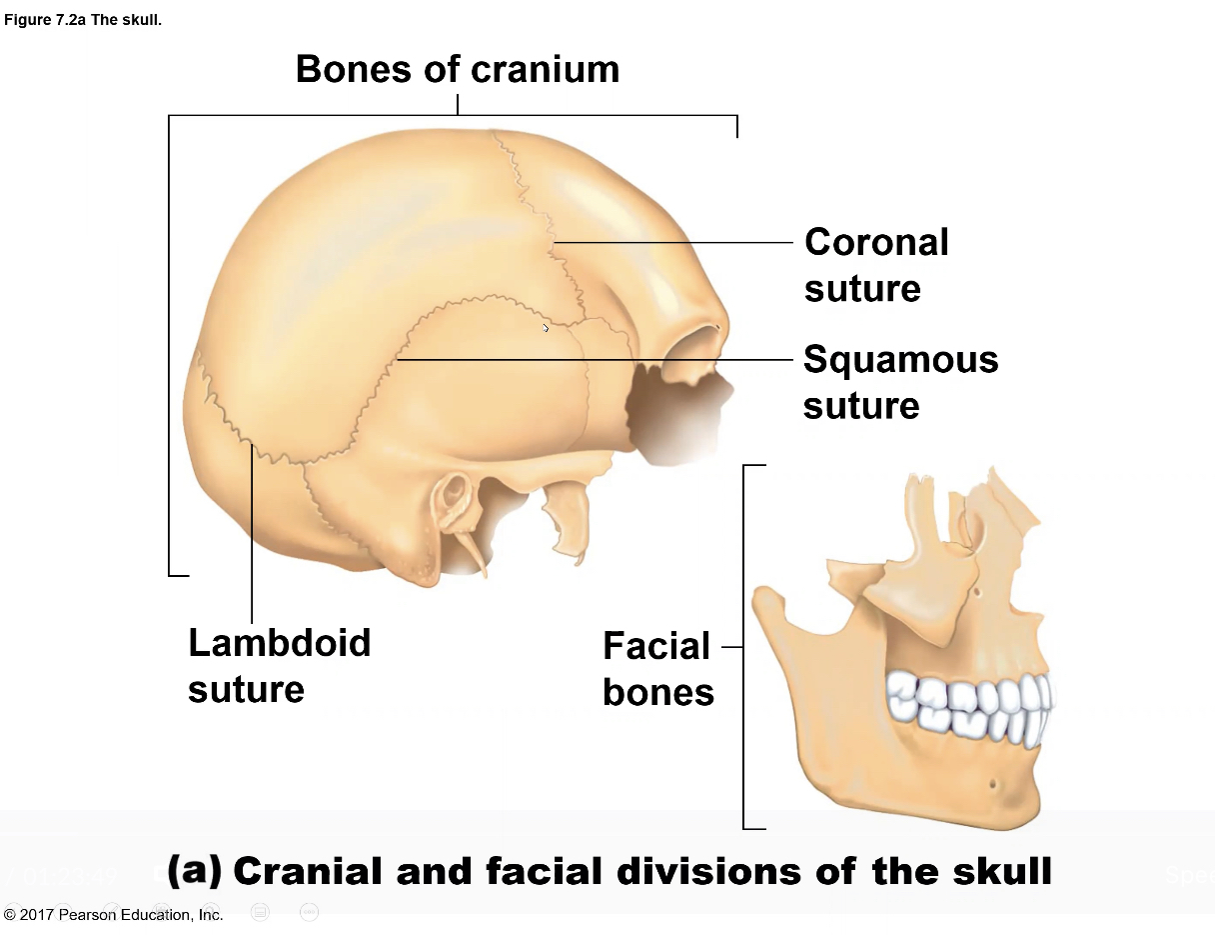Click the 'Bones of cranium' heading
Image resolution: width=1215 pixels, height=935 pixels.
pos(458,69)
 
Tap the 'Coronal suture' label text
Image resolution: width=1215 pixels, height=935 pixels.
pos(875,265)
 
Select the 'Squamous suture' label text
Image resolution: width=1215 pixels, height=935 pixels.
pos(899,382)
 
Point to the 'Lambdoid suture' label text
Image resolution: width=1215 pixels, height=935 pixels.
pos(279,665)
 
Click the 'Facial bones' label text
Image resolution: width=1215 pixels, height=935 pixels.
pos(658,669)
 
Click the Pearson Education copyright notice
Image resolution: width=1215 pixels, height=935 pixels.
pos(113,914)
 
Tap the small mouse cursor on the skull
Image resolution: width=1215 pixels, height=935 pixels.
pos(546,328)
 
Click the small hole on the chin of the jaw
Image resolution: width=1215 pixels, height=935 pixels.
pos(993,783)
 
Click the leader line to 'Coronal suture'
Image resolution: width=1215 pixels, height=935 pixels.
pos(674,242)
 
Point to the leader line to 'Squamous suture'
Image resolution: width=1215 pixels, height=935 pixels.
pos(600,359)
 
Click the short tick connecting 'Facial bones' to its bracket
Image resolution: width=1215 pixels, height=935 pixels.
pos(732,647)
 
